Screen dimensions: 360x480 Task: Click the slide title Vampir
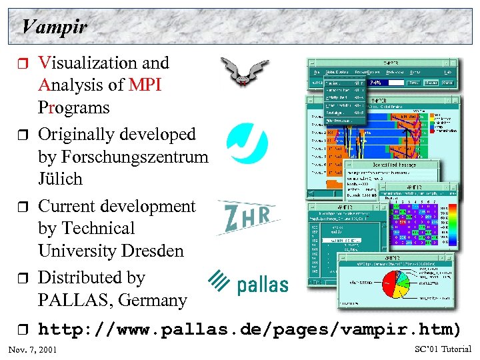(54, 27)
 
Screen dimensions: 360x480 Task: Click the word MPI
(145, 85)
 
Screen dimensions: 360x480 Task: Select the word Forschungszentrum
(133, 157)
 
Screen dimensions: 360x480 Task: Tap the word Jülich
(60, 179)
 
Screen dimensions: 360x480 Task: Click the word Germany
(153, 301)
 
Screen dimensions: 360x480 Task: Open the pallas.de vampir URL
(249, 329)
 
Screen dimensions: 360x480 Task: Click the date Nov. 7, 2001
(32, 350)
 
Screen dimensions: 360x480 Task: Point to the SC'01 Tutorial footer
(443, 349)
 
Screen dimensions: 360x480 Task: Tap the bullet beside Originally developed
(24, 135)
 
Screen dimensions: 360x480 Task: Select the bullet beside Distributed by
(24, 279)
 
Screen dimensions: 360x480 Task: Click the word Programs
(73, 108)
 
